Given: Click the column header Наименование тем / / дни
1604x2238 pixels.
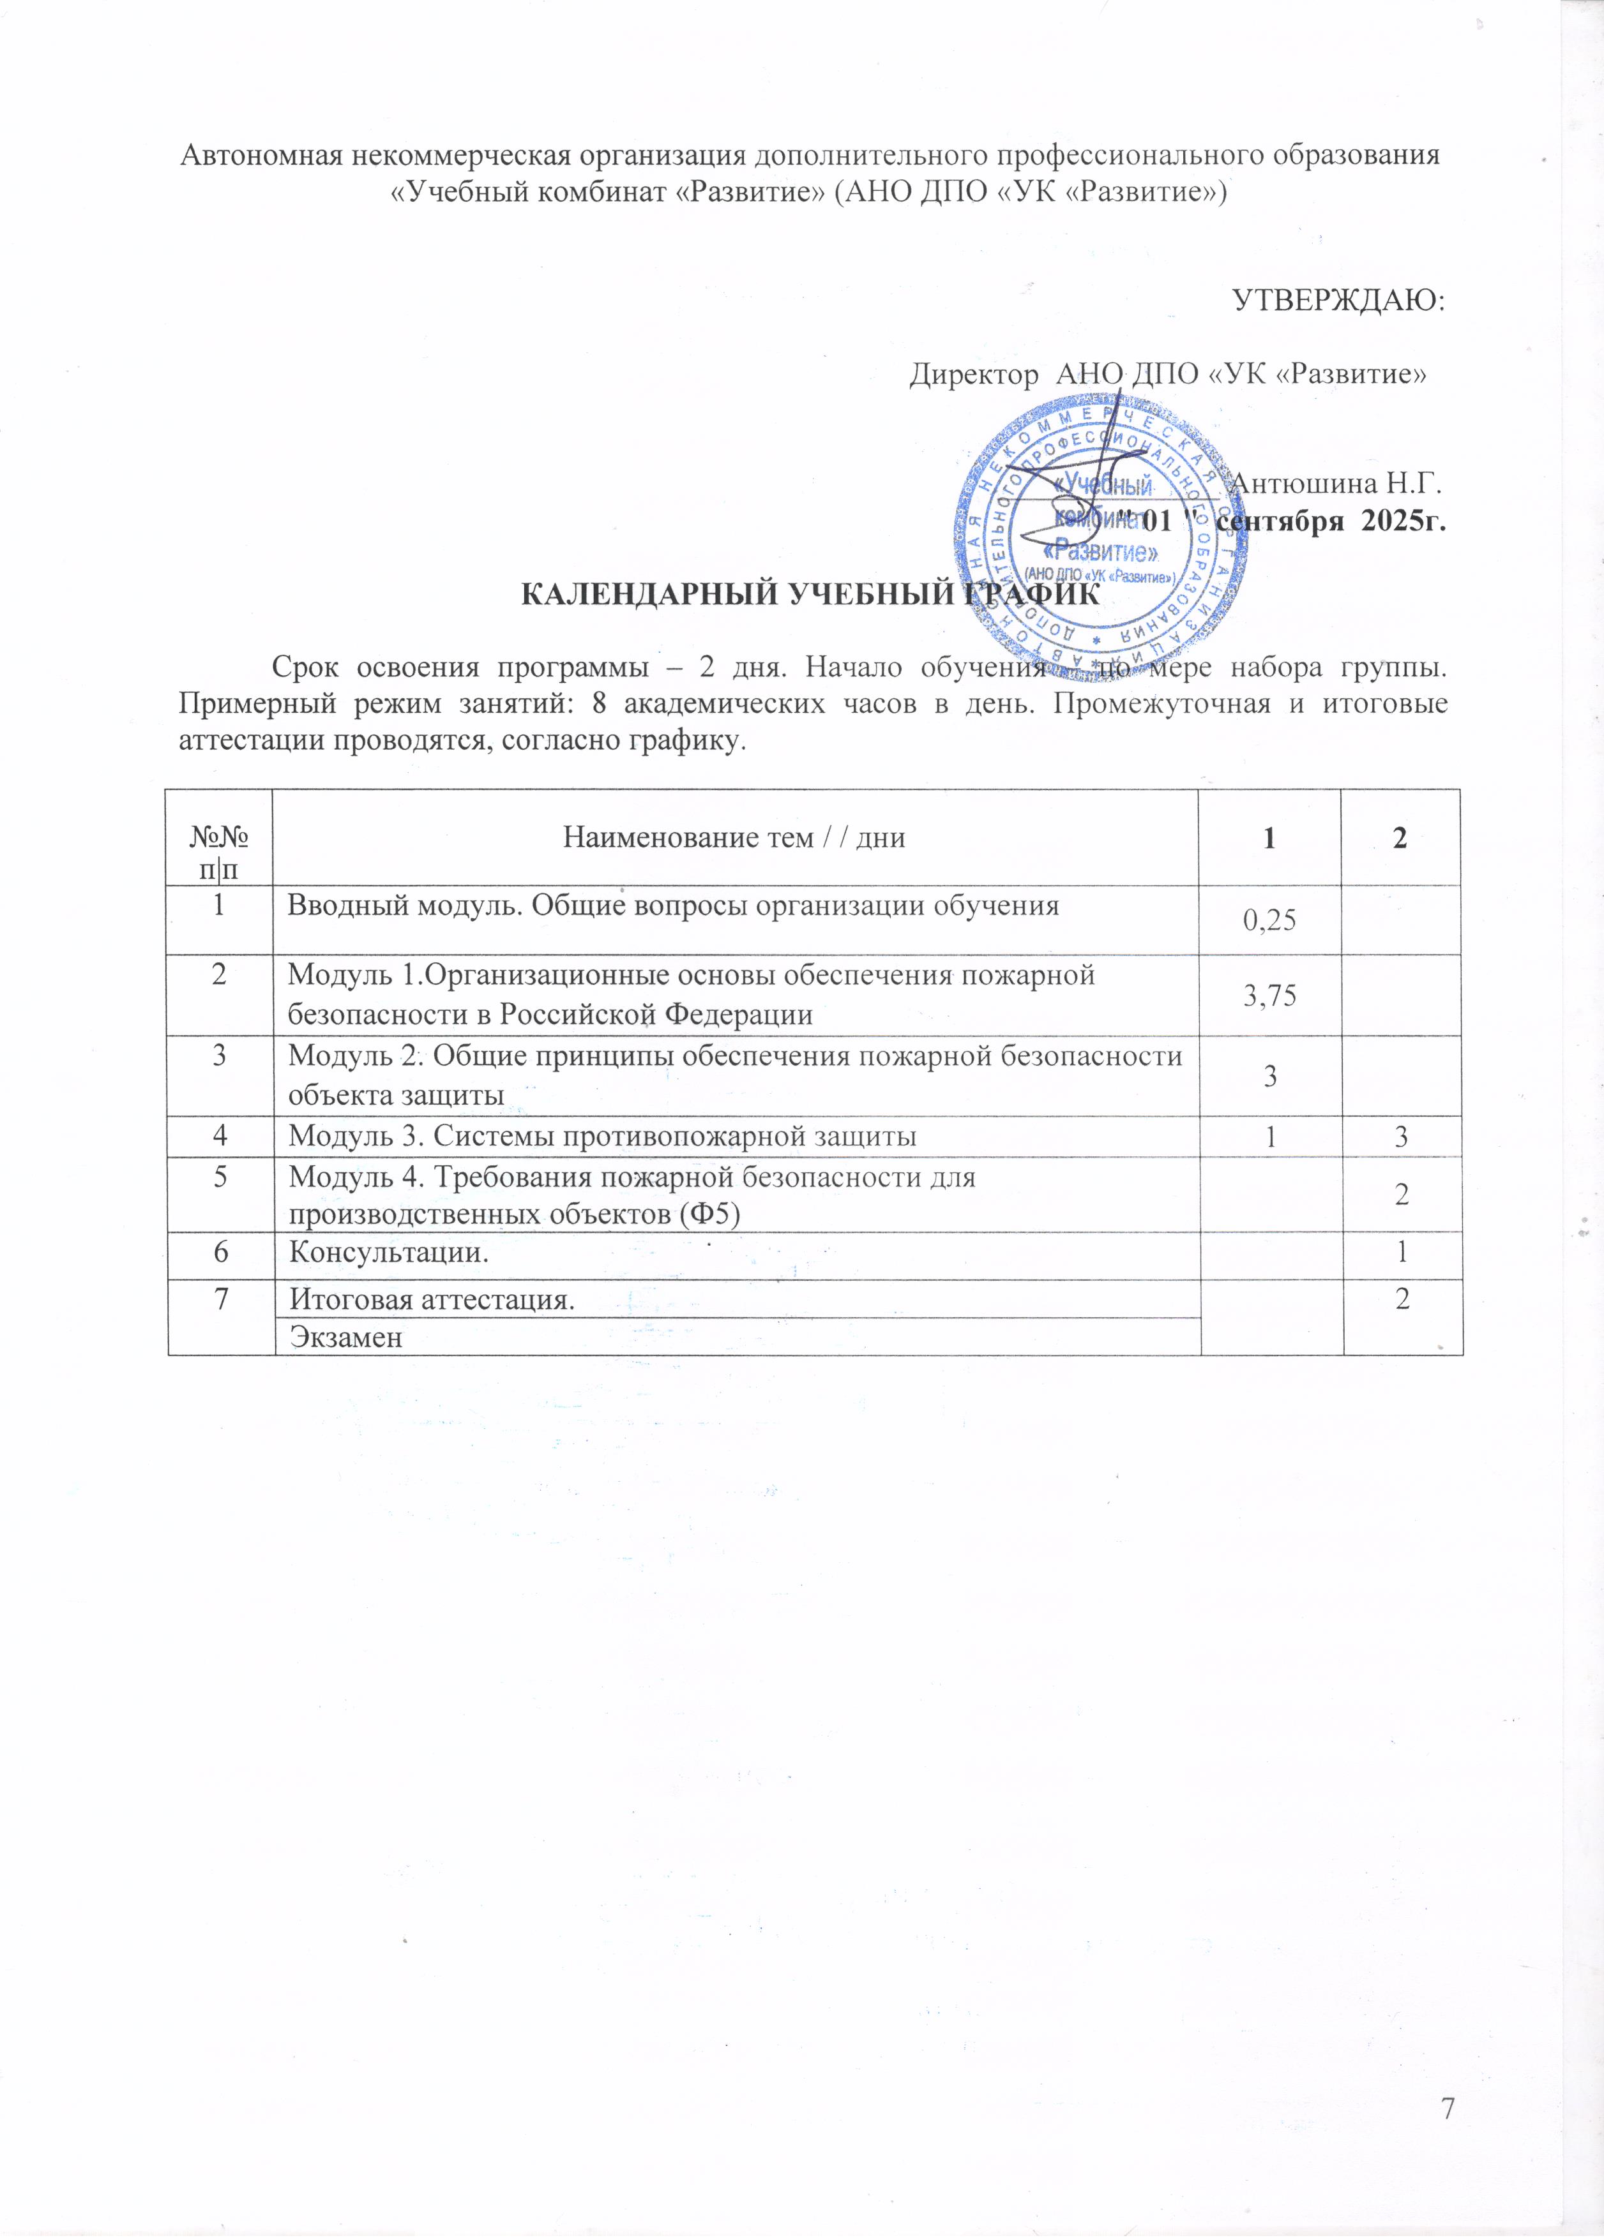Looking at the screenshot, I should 734,838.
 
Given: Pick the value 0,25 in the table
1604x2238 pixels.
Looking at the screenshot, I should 1269,921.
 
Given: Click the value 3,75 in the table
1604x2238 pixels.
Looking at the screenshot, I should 1269,996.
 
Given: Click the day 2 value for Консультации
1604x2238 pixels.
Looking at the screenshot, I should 1402,1253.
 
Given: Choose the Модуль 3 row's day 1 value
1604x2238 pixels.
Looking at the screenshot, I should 1269,1137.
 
